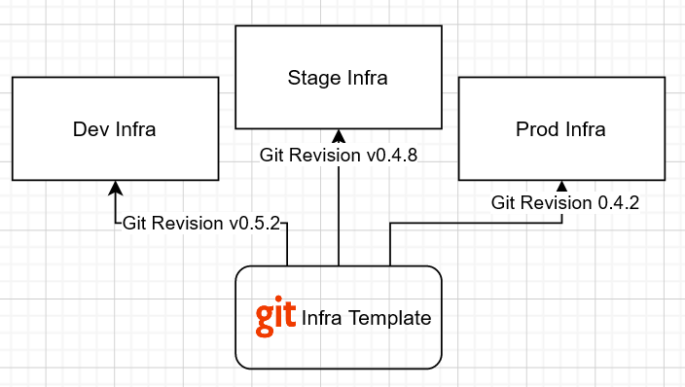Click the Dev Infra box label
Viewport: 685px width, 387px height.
tap(115, 129)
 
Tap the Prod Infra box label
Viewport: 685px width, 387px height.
tap(560, 129)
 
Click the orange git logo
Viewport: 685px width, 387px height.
tap(275, 318)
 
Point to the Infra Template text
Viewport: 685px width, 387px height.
tap(366, 318)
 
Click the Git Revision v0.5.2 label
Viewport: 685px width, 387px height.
tap(201, 223)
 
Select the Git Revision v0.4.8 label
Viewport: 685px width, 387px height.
tap(339, 155)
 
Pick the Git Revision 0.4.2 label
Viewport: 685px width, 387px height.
tap(565, 203)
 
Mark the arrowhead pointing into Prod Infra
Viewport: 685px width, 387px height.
tap(561, 186)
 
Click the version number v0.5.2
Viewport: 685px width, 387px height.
tap(255, 223)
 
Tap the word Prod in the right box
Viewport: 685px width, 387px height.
tap(536, 129)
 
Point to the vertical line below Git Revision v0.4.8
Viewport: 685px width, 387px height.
tap(339, 214)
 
